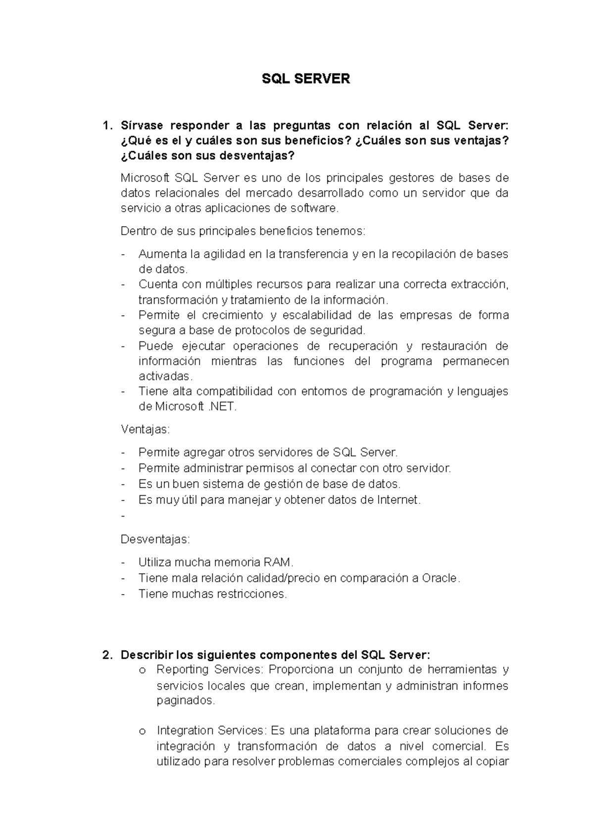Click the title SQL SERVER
tap(305, 79)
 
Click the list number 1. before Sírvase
tap(107, 126)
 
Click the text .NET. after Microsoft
tap(223, 407)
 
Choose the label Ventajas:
tap(145, 429)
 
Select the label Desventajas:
tap(155, 539)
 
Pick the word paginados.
tap(186, 700)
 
